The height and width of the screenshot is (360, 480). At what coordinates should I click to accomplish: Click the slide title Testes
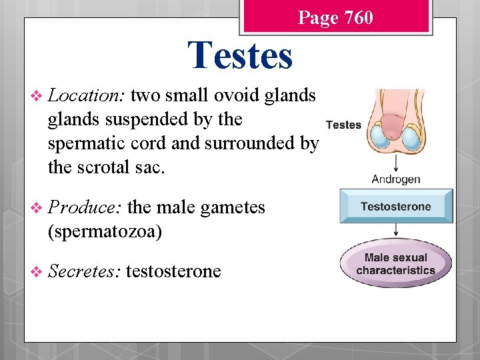[x=240, y=55]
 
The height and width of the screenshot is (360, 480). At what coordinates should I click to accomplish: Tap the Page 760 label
[x=335, y=17]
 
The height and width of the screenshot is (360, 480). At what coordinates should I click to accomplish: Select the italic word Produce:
[x=84, y=208]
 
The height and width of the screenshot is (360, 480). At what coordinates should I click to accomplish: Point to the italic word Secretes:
[x=84, y=271]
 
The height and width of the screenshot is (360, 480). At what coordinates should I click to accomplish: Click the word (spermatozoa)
[x=105, y=231]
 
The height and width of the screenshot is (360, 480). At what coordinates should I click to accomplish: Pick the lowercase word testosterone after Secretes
[x=173, y=271]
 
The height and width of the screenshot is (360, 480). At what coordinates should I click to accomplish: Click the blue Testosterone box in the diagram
[x=396, y=206]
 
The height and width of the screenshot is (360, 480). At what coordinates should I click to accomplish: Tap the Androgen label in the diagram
[x=396, y=179]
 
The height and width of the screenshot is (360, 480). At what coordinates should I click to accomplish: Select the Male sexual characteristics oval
[x=396, y=264]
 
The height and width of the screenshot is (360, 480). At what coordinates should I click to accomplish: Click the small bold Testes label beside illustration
[x=343, y=125]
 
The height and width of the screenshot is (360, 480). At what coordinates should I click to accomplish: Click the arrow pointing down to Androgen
[x=396, y=163]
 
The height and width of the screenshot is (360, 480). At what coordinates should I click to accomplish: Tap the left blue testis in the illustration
[x=381, y=137]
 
